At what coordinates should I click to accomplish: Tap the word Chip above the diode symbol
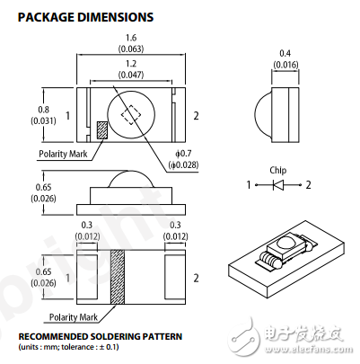277,169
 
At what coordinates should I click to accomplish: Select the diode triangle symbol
277,184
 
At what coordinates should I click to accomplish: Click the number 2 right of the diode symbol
307,184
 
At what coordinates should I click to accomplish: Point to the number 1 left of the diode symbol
249,184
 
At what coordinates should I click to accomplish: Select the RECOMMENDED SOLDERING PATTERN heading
100,336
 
